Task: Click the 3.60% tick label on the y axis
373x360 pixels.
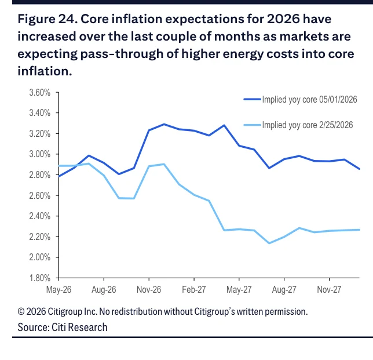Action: [40, 92]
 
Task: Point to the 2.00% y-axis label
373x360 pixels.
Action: [40, 257]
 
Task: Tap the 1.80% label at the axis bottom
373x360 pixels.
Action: [40, 278]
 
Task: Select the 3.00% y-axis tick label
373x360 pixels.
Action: [40, 154]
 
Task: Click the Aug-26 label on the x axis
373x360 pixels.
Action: [104, 290]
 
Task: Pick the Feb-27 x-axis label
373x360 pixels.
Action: [194, 290]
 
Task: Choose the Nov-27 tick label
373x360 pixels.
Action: [329, 290]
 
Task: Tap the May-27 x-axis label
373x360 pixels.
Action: [239, 290]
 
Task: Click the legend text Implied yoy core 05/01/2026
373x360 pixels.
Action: [309, 100]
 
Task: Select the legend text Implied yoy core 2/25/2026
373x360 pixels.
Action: [308, 125]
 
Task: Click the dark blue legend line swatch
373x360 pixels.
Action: [252, 99]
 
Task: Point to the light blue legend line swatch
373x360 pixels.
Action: [252, 125]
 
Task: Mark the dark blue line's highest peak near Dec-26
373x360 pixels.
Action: [164, 124]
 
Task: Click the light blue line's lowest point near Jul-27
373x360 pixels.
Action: [269, 243]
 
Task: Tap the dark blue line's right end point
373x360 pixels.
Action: [359, 169]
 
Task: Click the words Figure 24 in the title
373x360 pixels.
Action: [47, 19]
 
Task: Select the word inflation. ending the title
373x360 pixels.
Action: [45, 71]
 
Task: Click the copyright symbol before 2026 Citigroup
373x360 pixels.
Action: [21, 311]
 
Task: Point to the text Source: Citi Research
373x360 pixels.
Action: [63, 328]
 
